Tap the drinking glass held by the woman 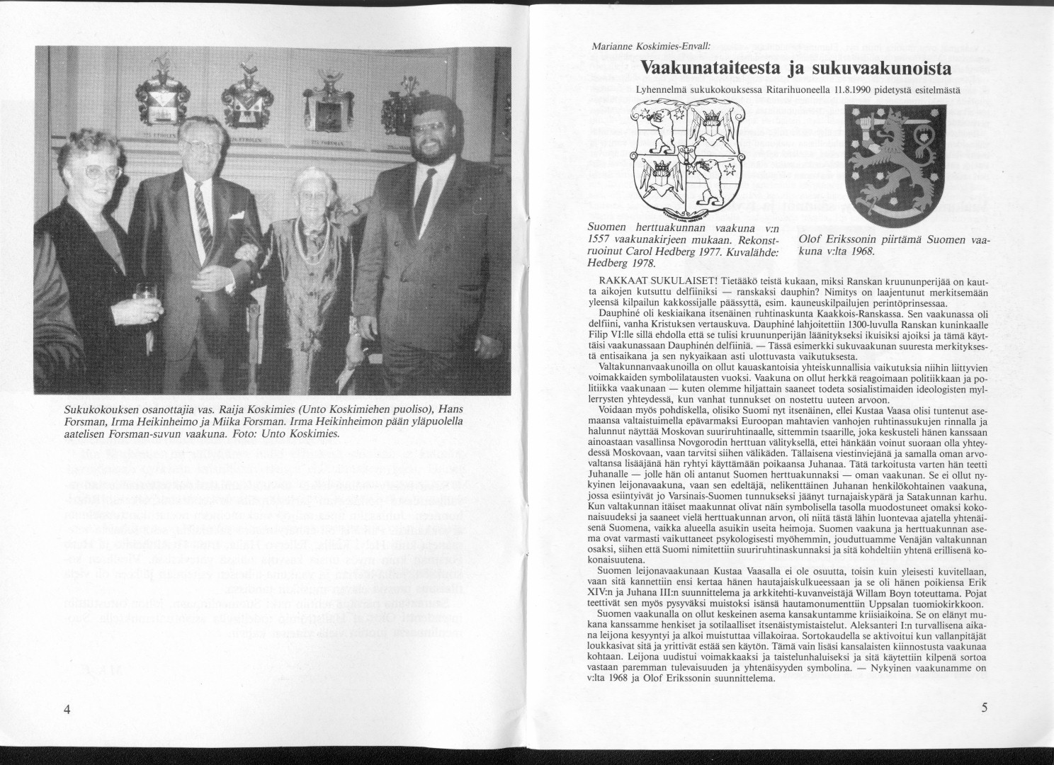click(145, 292)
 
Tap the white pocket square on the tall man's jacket click(236, 212)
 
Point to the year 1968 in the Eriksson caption click(862, 251)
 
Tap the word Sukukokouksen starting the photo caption click(98, 412)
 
